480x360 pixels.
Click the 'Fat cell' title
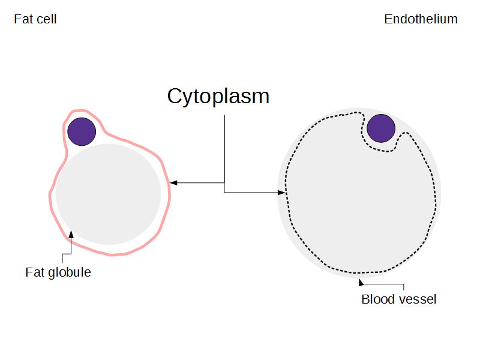35,19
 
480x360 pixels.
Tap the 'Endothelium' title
421,19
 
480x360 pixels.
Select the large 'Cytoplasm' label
218,96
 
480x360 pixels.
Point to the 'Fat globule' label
58,272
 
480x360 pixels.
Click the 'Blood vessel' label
399,299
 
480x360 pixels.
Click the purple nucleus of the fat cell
82,131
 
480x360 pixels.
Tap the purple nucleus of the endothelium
381,128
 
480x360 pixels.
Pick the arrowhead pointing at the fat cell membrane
173,182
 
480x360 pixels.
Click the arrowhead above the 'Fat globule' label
71,234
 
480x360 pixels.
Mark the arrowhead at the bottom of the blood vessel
361,281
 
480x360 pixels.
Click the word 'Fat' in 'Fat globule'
34,272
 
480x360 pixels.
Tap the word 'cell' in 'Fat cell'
47,19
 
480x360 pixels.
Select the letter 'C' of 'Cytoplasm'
175,96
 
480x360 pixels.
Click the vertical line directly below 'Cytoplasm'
224,150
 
